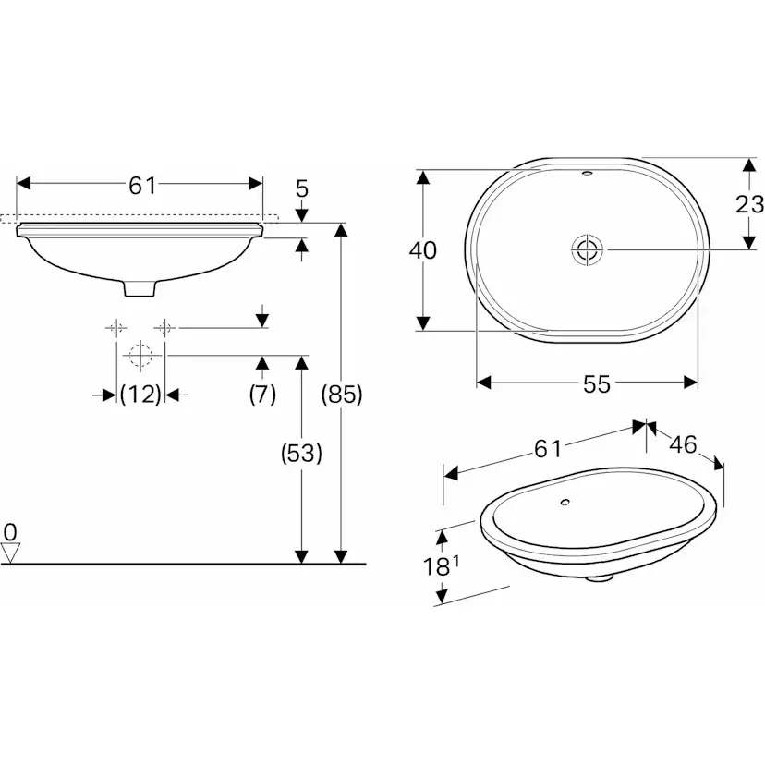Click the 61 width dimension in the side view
141,185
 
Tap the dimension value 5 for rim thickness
302,189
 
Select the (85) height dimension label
341,395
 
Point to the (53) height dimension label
301,453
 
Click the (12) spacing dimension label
140,395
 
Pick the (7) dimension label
262,395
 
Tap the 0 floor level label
10,531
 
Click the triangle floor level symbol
11,552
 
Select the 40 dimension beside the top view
423,250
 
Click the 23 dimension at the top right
749,204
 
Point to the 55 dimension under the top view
597,384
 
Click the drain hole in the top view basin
587,249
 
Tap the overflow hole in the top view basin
587,174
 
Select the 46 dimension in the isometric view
682,444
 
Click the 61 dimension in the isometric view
547,449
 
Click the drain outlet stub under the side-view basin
140,288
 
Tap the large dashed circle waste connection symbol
140,355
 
